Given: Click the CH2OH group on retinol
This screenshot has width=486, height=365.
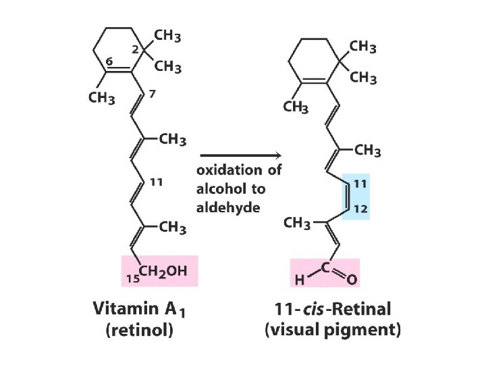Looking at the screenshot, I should point(163,271).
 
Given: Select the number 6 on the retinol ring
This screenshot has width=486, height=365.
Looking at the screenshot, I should point(109,60).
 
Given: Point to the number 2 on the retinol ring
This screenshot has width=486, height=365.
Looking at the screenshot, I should point(135,49).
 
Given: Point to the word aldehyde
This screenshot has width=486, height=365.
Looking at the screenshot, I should point(228,207).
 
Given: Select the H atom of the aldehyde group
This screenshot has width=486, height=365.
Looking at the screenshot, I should point(296,278).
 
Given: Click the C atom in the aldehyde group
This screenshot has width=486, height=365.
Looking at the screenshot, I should point(325,267).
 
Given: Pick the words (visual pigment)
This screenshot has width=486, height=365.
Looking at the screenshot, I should point(333,331).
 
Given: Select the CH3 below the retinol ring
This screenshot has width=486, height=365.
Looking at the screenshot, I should point(102,99).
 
